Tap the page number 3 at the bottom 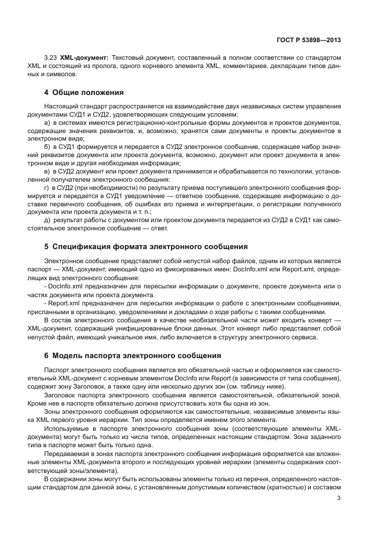point(340,499)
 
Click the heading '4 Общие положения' point(83,92)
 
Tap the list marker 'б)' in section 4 point(47,144)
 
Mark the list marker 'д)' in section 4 point(47,220)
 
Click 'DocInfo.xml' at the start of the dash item point(66,285)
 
